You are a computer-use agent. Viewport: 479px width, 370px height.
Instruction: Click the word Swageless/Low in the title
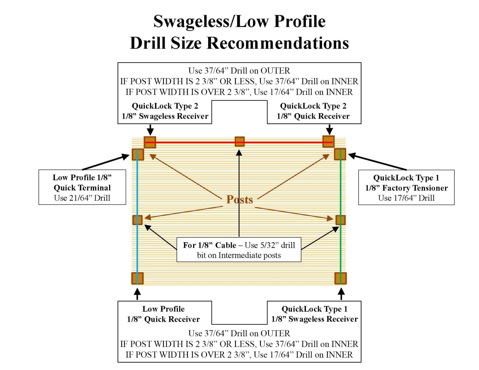point(194,21)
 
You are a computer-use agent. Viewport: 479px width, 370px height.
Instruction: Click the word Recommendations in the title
point(277,43)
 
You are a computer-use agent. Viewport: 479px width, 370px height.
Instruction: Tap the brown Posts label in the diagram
point(240,199)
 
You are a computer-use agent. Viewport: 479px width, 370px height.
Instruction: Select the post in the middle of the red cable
point(240,142)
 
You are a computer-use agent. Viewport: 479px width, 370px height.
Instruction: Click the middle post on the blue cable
point(137,220)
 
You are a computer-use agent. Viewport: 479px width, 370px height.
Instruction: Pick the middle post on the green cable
point(340,220)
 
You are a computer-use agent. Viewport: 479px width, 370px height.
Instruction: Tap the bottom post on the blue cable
point(137,278)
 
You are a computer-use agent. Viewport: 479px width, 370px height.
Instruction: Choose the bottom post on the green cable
point(340,278)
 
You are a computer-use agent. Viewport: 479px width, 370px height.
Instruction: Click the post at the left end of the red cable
point(150,142)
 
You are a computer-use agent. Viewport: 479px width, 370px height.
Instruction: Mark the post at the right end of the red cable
point(328,142)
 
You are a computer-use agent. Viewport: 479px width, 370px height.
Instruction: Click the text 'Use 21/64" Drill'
point(82,198)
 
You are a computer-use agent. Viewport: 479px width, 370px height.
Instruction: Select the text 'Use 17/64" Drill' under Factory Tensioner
point(406,198)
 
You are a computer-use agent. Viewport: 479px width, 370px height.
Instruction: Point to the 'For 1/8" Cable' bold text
point(209,245)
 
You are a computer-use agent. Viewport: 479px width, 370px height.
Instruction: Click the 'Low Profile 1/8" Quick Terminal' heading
point(82,182)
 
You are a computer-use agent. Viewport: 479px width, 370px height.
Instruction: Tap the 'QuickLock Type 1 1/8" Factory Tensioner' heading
point(406,183)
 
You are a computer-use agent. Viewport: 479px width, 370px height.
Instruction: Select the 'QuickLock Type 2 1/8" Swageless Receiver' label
point(165,111)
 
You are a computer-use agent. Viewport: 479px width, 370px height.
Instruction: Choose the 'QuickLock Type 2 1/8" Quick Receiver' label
point(313,111)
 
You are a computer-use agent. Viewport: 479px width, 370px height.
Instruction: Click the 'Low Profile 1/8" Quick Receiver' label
point(163,314)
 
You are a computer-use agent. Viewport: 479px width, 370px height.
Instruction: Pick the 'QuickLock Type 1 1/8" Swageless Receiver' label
point(314,314)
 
